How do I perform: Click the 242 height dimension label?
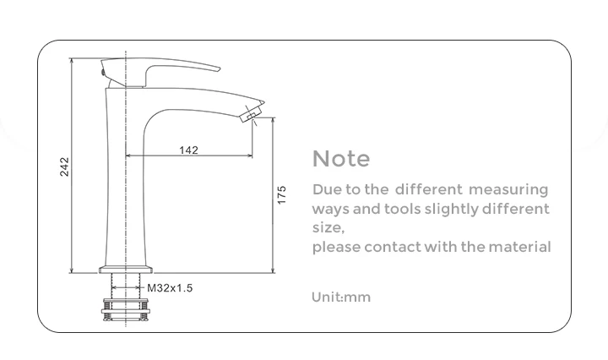pyautogui.click(x=64, y=166)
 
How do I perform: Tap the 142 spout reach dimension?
pyautogui.click(x=188, y=150)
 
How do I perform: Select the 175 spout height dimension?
pyautogui.click(x=282, y=194)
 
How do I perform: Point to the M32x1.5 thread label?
pyautogui.click(x=171, y=288)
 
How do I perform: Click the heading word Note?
pyautogui.click(x=341, y=159)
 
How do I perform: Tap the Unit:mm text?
pyautogui.click(x=341, y=297)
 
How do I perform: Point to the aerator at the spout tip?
pyautogui.click(x=252, y=115)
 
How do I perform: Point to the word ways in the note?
pyautogui.click(x=330, y=210)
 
